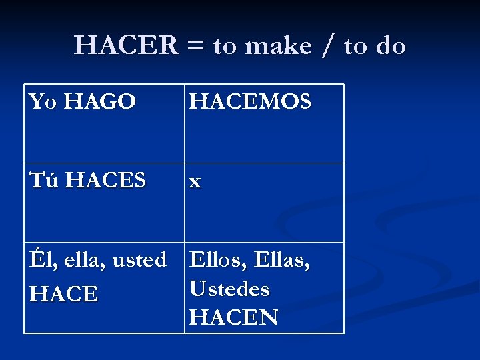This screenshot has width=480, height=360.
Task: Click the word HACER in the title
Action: pos(127,46)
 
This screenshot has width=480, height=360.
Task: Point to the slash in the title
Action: pos(328,47)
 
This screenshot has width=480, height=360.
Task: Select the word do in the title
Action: pos(391,46)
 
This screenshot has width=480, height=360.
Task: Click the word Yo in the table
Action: pos(43,101)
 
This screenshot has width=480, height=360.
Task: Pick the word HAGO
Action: pos(101,101)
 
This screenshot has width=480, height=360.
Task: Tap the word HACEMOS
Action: pos(250,101)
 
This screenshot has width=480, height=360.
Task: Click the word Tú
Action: pos(45,180)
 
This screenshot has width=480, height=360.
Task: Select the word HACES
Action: pos(107,180)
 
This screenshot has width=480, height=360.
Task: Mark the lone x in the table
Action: pos(195,181)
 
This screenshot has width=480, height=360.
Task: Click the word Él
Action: pos(39,259)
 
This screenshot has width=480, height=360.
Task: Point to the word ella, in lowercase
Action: pos(79,259)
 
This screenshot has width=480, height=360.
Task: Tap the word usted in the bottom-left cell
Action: pos(139,259)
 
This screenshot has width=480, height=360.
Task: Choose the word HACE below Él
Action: pos(64,293)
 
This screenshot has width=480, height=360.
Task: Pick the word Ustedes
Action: pos(230,289)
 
